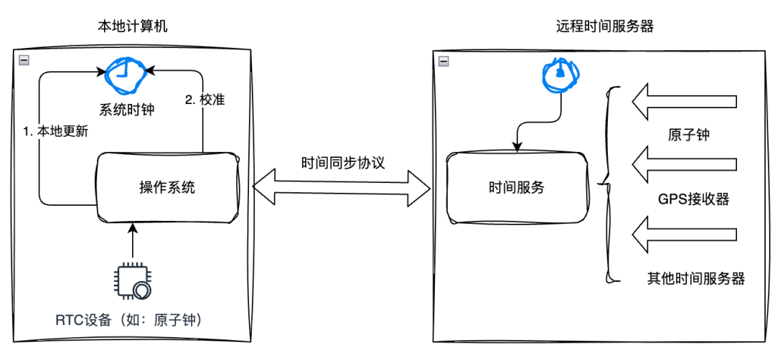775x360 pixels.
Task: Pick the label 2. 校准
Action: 205,100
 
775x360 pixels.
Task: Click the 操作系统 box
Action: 167,188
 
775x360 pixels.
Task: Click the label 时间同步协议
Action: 343,162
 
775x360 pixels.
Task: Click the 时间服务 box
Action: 516,188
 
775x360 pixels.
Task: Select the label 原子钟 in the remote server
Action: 688,134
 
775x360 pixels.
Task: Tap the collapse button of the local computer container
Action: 24,61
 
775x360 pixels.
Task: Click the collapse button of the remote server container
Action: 443,61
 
